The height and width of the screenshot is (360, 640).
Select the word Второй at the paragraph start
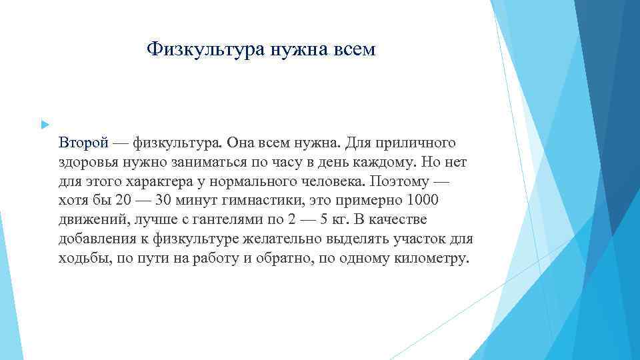point(83,143)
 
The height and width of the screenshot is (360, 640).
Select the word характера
point(157,181)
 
